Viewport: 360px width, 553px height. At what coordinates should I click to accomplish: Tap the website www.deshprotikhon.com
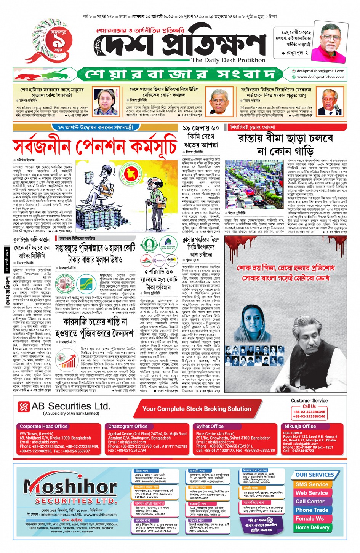[x=320, y=77]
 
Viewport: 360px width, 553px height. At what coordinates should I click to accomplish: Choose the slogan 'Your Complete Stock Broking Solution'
[x=197, y=409]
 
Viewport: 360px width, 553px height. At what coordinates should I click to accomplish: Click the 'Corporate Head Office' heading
[x=43, y=427]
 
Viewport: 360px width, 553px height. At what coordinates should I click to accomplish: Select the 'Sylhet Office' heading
[x=210, y=427]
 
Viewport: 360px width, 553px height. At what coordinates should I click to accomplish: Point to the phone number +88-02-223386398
[x=309, y=412]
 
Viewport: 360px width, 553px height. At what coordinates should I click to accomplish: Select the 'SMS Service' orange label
[x=311, y=484]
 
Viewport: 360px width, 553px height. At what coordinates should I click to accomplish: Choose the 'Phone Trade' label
[x=312, y=510]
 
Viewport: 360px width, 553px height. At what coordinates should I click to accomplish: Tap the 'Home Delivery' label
[x=312, y=527]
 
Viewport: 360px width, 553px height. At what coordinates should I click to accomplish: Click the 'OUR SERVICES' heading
[x=315, y=475]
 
